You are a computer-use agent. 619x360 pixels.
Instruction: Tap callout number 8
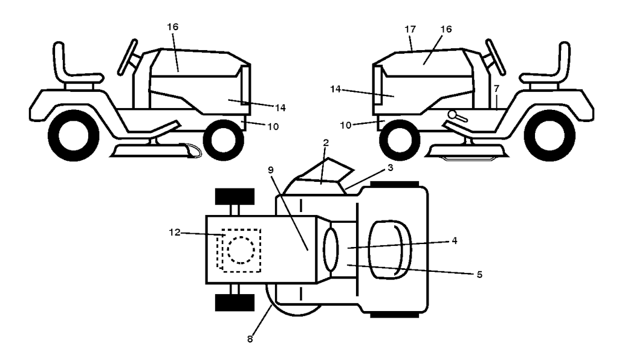[250, 339]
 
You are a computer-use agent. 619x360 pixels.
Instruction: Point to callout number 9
[270, 170]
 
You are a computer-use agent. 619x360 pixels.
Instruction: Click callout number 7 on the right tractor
[496, 89]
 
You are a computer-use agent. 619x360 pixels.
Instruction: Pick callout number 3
[391, 169]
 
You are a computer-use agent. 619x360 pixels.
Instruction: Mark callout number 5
[478, 273]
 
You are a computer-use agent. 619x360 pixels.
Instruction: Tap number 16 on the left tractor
[173, 27]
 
